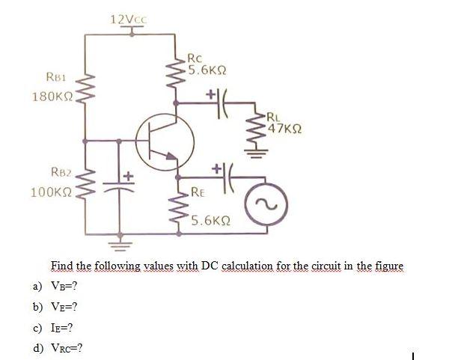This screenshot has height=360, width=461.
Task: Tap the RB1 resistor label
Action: coord(58,77)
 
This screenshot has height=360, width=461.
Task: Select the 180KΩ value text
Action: coord(50,97)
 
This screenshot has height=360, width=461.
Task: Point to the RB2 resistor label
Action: coord(59,172)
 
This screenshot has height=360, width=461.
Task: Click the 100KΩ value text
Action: coord(50,192)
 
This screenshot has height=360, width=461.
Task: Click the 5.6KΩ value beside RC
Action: coord(207,71)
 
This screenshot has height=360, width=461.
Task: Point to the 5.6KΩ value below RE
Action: coord(210,221)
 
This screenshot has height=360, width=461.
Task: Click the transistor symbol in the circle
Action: coord(165,141)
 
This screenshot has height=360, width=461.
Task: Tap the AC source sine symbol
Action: coord(266,201)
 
